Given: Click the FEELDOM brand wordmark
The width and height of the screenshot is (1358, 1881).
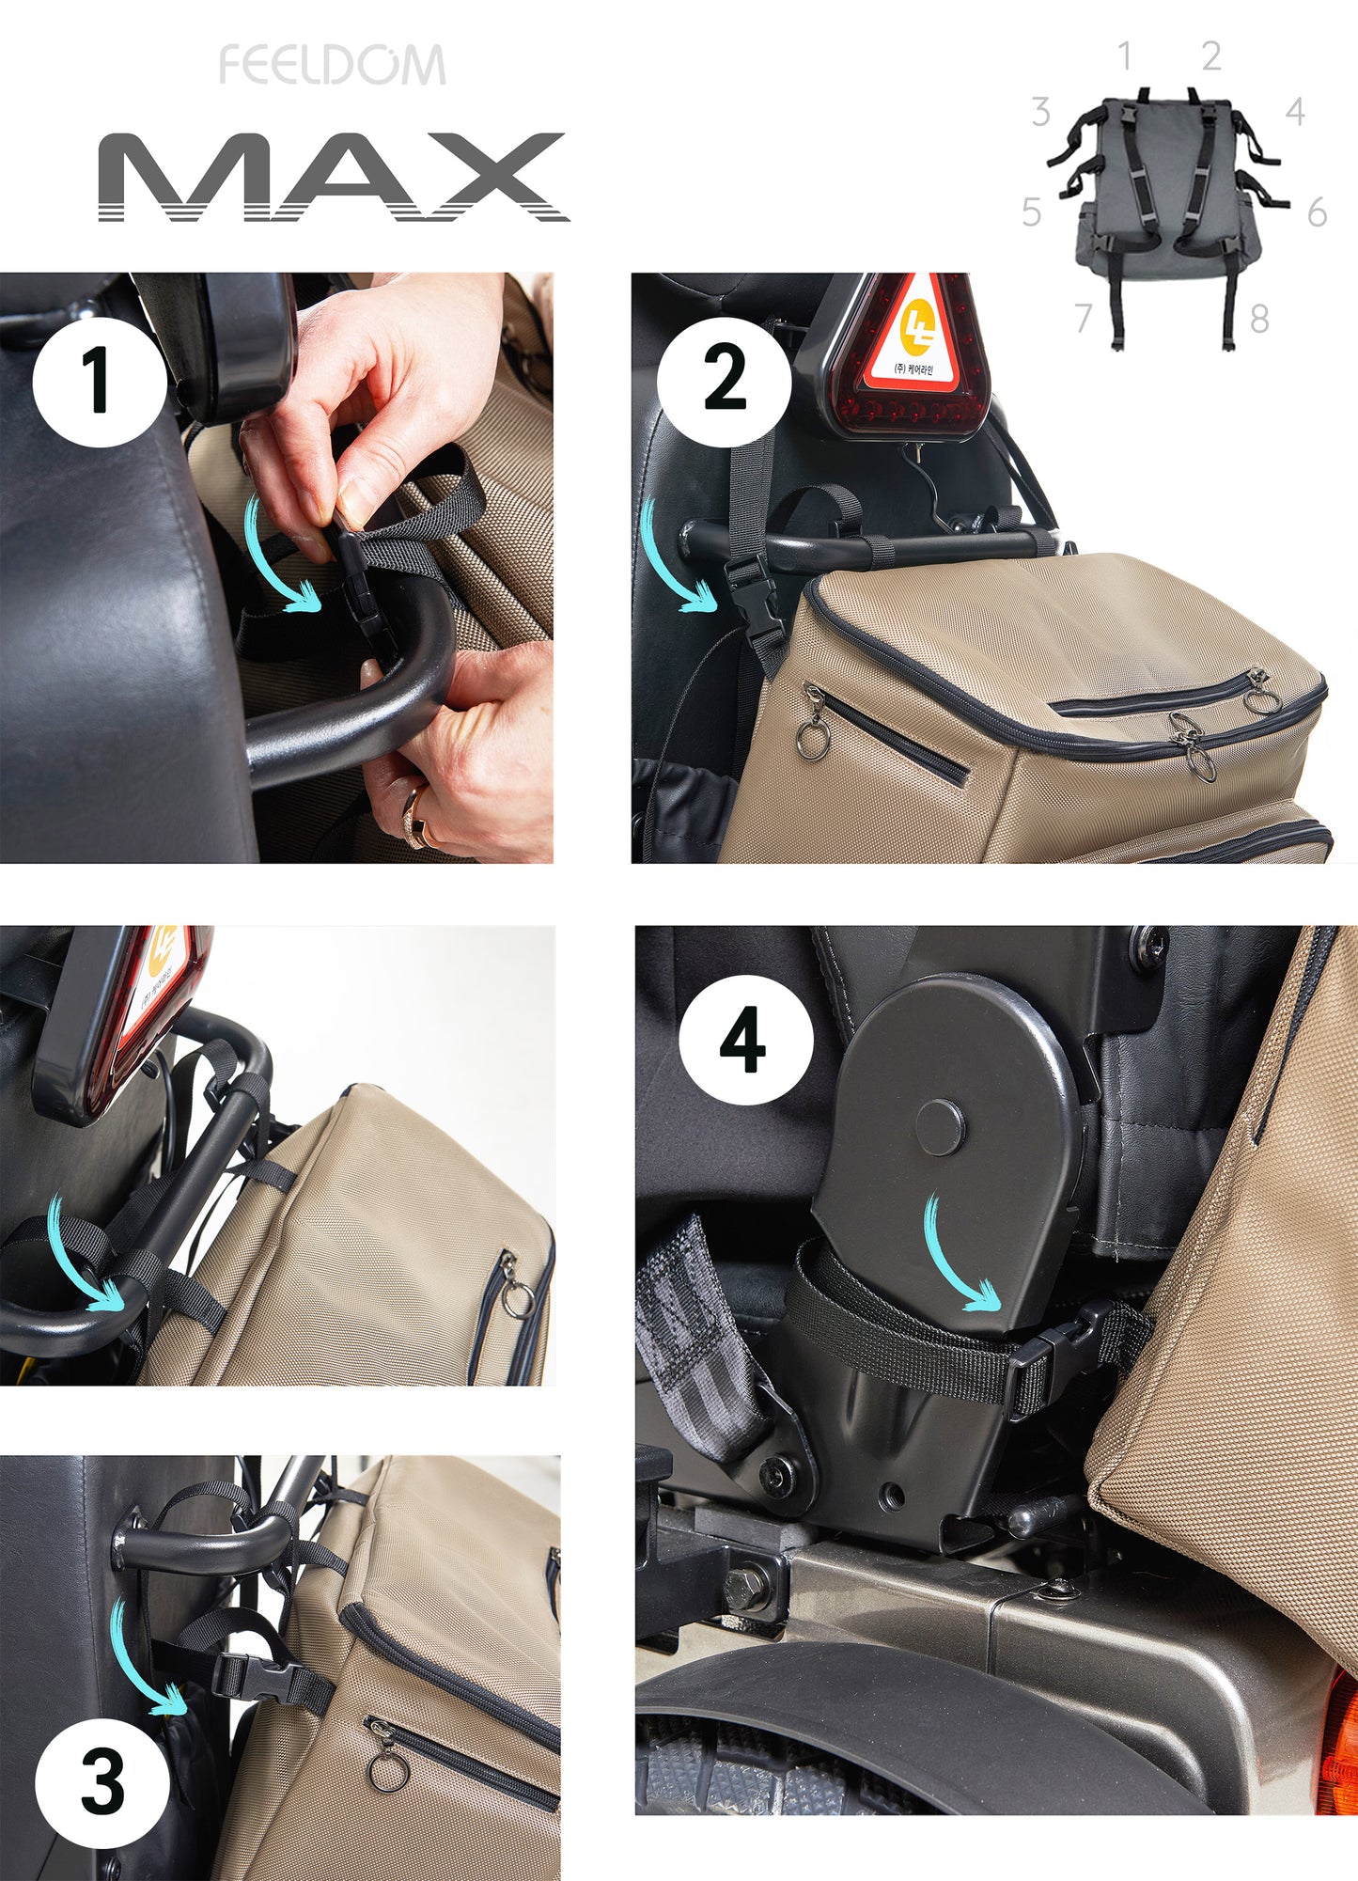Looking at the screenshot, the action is (x=332, y=65).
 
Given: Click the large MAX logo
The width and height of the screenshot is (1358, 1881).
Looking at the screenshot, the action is (x=334, y=177).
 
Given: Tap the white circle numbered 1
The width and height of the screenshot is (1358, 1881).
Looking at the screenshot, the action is (x=99, y=381).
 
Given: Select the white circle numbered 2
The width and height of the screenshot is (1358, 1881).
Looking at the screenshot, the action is (x=724, y=381).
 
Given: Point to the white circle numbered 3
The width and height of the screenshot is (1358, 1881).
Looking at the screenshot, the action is (x=102, y=1783).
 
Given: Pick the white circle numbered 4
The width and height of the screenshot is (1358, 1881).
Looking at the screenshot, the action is (x=745, y=1040).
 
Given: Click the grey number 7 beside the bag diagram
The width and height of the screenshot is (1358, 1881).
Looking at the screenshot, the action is (x=1084, y=318).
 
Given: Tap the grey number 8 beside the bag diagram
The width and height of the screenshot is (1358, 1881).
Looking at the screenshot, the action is (x=1259, y=320).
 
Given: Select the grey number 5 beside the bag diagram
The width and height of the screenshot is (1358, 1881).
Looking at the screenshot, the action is (x=1032, y=212).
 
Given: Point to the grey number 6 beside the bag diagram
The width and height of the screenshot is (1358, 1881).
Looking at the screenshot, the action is (x=1318, y=212).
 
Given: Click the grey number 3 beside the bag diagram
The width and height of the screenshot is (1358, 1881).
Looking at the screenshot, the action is (x=1040, y=112).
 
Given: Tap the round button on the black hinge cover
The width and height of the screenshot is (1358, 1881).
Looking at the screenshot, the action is (x=940, y=1127).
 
